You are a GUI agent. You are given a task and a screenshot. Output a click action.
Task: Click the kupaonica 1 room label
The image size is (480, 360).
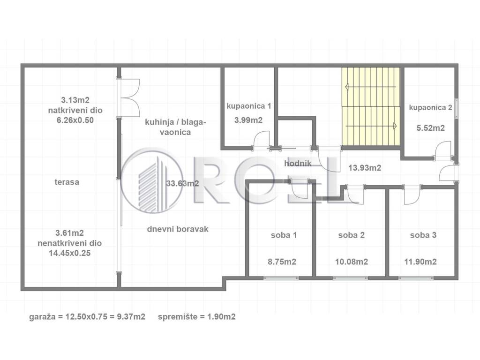pos(248,106)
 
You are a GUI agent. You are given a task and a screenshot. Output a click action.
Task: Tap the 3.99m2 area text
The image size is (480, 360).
pos(248,120)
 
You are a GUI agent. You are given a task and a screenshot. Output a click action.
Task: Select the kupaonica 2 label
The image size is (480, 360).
pos(430,108)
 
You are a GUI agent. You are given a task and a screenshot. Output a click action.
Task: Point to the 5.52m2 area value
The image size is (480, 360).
pos(430,128)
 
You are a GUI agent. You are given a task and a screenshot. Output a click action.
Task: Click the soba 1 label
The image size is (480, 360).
pos(284,235)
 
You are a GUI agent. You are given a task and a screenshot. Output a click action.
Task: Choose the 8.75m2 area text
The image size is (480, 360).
pos(282,262)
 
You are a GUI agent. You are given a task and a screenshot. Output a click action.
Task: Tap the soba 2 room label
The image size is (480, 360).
pos(352,235)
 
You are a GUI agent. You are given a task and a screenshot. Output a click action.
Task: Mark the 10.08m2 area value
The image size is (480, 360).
pos(352,262)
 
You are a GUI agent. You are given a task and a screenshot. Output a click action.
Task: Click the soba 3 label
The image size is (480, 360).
pos(423,235)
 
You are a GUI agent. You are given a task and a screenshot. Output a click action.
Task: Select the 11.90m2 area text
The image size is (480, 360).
pos(420,262)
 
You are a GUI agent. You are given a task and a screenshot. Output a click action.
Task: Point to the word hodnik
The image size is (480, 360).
pos(298,164)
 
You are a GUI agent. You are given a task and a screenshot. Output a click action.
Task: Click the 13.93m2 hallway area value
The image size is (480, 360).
pos(365,168)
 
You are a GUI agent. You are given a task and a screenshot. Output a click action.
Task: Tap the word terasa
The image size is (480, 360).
pos(67,182)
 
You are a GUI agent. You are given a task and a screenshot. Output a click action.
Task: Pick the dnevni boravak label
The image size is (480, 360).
pos(178,229)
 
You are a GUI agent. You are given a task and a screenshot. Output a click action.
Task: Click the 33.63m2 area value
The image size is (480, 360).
pos(182,183)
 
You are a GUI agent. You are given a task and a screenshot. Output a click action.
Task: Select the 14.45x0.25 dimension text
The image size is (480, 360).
pos(70,253)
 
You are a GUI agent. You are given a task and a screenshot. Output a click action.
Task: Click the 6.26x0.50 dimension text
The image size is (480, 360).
pos(75,120)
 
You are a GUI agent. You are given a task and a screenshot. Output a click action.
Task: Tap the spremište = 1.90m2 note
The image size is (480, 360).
pos(197,316)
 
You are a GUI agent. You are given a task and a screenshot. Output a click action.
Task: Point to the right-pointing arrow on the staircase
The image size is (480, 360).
pos(372,126)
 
